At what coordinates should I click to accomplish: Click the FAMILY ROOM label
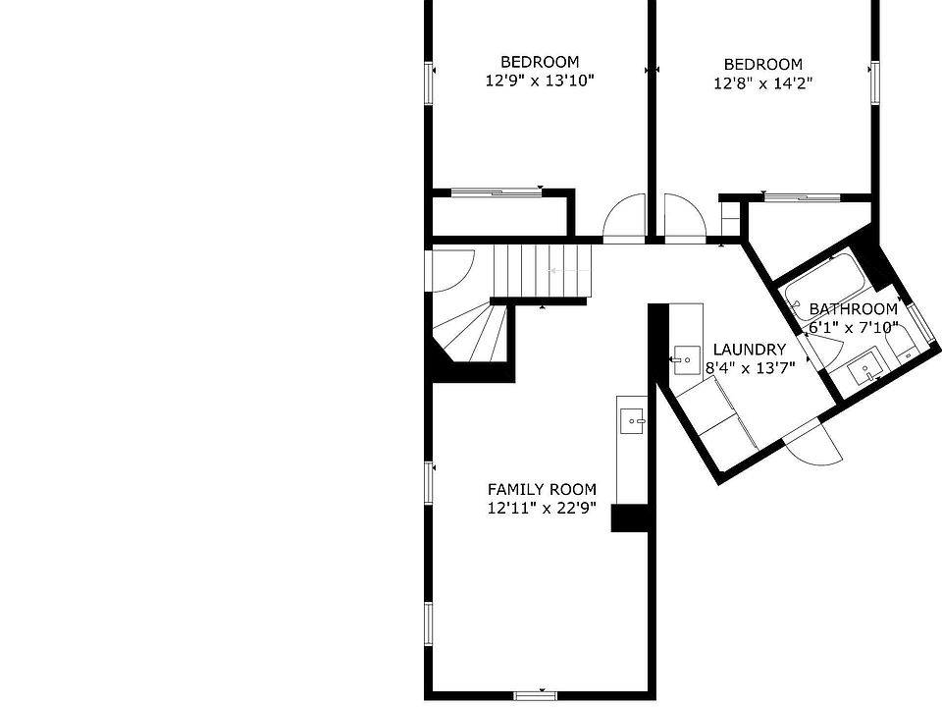point(542,489)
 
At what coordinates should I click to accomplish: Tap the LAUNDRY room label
point(749,350)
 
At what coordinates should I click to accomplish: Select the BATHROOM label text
point(853,309)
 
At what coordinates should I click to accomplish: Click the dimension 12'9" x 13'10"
point(540,81)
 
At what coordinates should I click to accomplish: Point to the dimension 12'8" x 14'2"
point(763,82)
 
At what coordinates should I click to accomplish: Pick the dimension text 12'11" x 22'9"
point(542,509)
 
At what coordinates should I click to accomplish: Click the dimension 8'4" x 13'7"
point(750,368)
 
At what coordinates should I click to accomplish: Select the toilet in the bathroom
point(903,347)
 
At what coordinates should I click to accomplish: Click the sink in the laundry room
point(685,360)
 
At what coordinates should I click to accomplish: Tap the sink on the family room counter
point(632,421)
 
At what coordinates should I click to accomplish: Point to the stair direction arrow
point(569,271)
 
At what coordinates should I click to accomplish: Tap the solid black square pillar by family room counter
point(630,518)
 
